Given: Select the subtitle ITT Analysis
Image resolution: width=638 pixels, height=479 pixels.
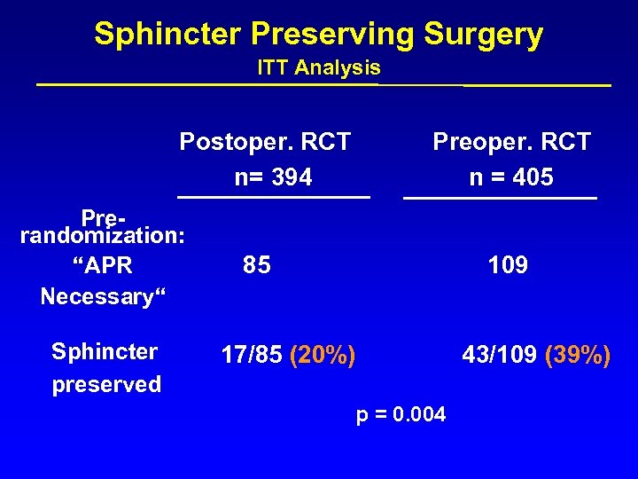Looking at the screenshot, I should point(319,67).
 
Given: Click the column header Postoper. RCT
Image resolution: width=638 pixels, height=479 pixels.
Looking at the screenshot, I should point(265,142).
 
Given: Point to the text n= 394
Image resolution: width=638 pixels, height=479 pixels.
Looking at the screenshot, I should point(273,177).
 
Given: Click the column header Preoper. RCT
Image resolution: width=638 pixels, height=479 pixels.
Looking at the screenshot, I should point(511,142).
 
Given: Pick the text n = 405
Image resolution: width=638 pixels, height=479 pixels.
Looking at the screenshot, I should point(511,177).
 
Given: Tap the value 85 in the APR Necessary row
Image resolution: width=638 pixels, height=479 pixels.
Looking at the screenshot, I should point(257,264).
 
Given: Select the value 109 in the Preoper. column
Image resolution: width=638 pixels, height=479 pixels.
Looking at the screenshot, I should point(508,264).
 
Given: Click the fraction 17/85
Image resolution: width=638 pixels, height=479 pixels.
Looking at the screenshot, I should point(251,356).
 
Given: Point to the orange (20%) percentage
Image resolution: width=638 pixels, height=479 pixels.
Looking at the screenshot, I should point(323,356).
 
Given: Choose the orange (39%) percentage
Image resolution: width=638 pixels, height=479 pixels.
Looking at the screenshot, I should point(578,356).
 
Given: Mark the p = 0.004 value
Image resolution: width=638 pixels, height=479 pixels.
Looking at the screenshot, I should point(401,415).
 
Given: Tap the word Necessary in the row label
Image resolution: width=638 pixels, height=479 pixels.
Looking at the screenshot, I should point(96,296).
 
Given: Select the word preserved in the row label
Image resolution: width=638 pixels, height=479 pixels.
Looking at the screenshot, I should point(106,384).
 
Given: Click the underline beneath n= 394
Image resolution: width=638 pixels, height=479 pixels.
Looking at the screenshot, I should point(273,196).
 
